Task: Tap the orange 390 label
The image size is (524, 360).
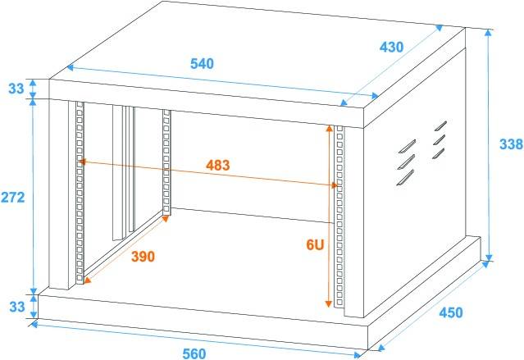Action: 143,257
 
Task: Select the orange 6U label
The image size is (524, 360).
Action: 314,244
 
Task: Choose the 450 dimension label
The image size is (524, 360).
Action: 450,312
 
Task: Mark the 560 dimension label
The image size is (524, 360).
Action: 194,353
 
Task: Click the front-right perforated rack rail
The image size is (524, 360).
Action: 341,217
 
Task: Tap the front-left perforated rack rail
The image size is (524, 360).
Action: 80,193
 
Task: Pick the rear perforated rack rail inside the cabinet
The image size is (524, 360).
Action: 166,164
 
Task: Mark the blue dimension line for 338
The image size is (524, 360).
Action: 490,146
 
